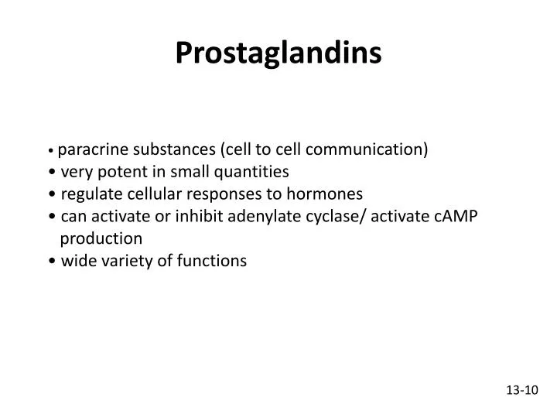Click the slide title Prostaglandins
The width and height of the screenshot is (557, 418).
click(278, 53)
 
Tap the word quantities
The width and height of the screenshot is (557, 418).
click(255, 171)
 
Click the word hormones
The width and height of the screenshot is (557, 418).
click(329, 194)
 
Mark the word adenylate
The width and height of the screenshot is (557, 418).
click(284, 216)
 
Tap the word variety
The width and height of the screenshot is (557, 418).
click(125, 261)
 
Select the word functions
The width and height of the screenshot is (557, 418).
click(212, 261)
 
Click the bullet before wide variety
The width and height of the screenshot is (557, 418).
click(51, 262)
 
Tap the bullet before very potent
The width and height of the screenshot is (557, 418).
click(51, 172)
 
